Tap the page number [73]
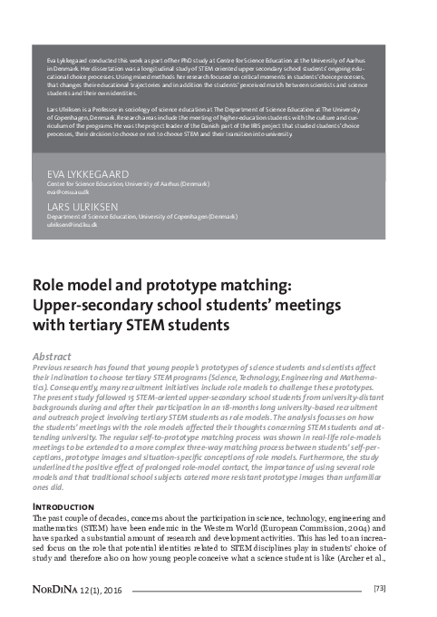coord(381,590)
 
